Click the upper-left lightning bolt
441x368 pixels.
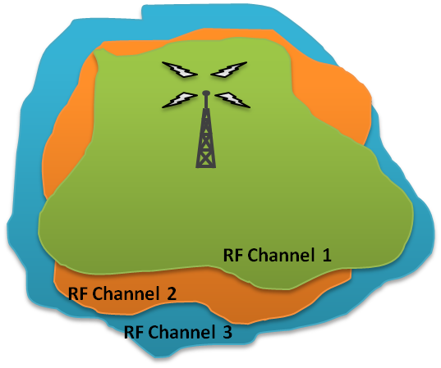179,70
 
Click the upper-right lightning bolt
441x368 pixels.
228,70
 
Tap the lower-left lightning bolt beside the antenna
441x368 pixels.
180,100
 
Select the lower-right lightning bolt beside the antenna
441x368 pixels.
232,100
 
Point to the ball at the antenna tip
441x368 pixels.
206,93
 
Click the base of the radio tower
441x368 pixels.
206,166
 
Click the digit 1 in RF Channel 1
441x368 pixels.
327,256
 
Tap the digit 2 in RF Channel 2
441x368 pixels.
172,293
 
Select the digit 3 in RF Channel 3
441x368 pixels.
227,332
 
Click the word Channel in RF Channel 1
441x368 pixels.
281,255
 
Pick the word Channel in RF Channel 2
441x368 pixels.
126,293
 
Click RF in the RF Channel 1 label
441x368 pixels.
233,256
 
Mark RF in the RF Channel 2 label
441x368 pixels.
78,293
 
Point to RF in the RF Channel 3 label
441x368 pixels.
134,332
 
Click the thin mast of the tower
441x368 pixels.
206,102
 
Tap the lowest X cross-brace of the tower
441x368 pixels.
206,159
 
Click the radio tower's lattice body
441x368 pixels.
206,139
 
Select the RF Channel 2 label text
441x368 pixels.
122,293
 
